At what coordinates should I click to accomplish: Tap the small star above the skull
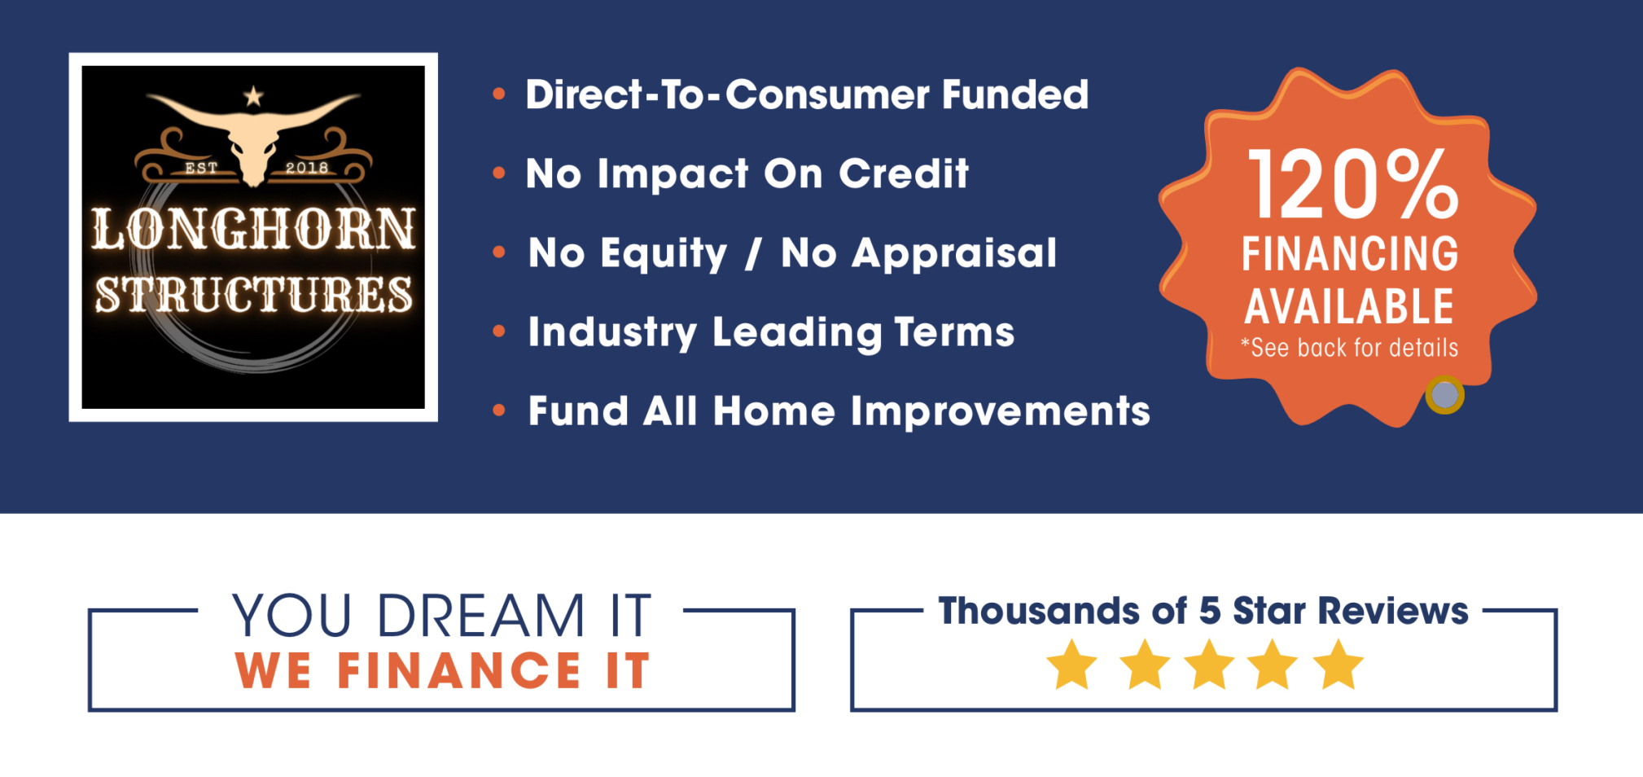254,96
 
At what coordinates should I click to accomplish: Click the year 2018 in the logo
307,168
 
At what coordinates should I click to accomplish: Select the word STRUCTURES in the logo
253,294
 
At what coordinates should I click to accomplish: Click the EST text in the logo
201,168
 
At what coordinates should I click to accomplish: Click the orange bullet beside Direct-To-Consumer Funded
499,94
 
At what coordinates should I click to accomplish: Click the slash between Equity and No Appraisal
754,253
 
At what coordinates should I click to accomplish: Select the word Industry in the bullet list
612,333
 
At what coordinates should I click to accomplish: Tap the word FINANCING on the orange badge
1350,254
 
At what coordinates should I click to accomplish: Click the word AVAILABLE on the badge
1349,306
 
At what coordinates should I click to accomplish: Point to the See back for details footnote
1349,348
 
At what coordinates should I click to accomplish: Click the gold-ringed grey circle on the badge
1445,395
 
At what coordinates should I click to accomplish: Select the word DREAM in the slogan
481,616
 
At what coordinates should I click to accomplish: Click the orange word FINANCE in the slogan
458,671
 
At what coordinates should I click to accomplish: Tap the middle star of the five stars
1209,664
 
